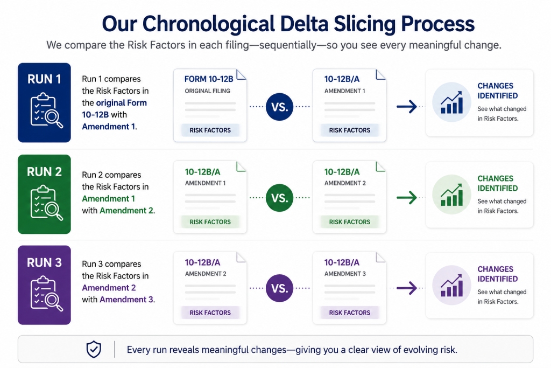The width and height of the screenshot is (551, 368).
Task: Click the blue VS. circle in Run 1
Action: [x=279, y=107]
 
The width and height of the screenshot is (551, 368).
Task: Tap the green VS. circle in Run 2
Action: [x=279, y=198]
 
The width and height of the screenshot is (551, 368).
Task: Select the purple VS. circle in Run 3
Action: [x=279, y=288]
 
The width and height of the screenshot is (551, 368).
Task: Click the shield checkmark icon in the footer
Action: [x=94, y=349]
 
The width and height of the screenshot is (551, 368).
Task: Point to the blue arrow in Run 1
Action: [x=407, y=107]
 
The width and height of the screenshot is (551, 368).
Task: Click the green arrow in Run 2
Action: [x=407, y=198]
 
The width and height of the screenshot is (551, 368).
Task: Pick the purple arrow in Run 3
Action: [x=407, y=288]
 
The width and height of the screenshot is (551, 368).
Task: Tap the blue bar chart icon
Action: [x=451, y=102]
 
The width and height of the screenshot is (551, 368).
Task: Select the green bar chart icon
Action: [x=451, y=195]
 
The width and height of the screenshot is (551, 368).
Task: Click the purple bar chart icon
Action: [x=451, y=286]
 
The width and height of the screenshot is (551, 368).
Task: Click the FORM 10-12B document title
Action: [x=209, y=79]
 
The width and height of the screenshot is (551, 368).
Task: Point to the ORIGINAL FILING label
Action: [x=207, y=91]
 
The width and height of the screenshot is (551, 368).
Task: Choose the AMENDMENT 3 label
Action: [x=345, y=274]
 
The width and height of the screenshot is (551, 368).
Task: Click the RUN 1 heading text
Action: [x=44, y=79]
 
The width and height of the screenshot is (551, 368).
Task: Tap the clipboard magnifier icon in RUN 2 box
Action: [x=46, y=203]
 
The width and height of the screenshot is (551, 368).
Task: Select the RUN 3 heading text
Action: [x=44, y=262]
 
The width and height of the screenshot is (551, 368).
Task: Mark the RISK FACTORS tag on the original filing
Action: [x=210, y=130]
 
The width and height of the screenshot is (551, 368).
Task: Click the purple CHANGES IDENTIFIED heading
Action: [x=497, y=274]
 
